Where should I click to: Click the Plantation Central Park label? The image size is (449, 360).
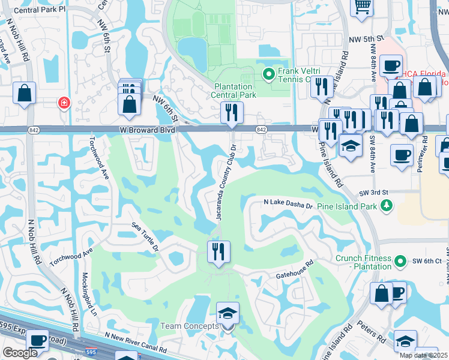click(x=235, y=91)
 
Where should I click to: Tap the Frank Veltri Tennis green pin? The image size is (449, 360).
click(x=268, y=74)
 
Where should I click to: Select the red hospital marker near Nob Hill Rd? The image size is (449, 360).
click(x=63, y=103)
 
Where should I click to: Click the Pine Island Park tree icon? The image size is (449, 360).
click(x=387, y=206)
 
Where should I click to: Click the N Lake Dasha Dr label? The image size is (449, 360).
click(x=289, y=205)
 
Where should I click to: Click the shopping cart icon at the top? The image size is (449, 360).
click(x=363, y=6)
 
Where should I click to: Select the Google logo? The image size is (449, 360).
click(x=20, y=353)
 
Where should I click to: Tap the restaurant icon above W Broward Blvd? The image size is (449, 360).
click(x=232, y=112)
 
